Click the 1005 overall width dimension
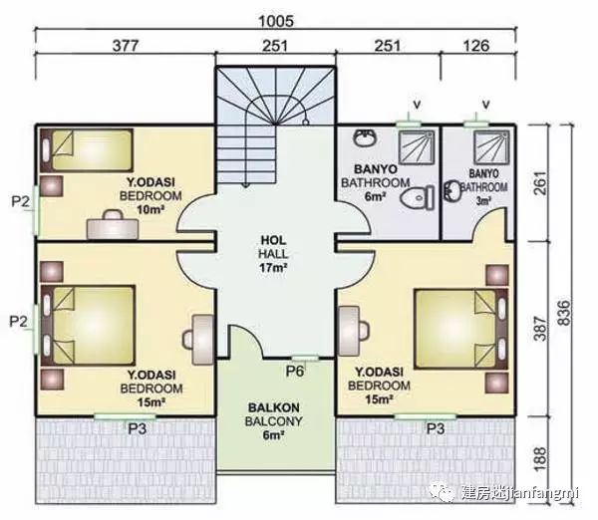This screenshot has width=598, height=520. coord(276,21)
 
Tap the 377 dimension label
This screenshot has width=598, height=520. coord(125,46)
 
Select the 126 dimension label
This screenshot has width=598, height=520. coord(476,46)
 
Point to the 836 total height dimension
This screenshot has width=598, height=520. coord(564,313)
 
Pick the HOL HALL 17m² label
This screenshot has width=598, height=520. coord(274,254)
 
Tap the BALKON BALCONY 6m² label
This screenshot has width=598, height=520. coord(273,420)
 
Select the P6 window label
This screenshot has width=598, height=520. coord(295,371)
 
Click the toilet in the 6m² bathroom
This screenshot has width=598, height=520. coord(418,197)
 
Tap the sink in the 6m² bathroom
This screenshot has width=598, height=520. coord(365,137)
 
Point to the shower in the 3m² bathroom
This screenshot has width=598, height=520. coord(491,146)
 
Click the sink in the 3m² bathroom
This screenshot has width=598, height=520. coord(452,190)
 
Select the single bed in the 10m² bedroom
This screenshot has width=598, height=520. coord(87,149)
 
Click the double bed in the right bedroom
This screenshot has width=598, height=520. coord(461,330)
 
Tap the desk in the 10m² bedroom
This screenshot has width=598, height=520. coord(113,225)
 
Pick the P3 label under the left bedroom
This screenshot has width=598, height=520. coord(137,428)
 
